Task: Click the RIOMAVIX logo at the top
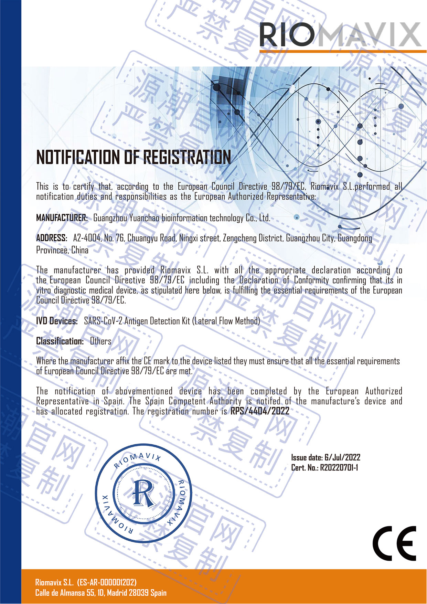tap(340, 34)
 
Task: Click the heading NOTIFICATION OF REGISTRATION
tap(134, 157)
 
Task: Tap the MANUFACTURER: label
tap(62, 218)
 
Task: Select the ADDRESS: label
tap(52, 238)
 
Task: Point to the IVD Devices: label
tap(57, 321)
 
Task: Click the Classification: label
tap(60, 341)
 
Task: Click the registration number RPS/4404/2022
tap(260, 411)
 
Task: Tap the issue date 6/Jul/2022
tap(342, 457)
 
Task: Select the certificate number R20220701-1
tap(339, 467)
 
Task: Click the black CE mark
tap(394, 543)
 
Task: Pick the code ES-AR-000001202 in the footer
tap(107, 582)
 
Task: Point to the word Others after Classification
tap(100, 341)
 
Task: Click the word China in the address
tap(80, 250)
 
